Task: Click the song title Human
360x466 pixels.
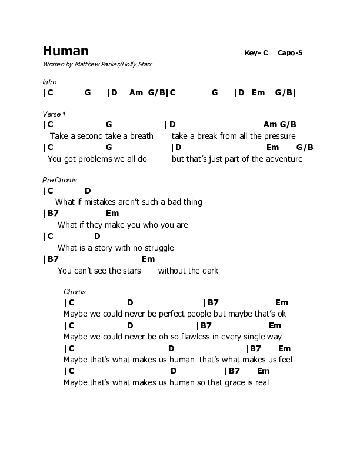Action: pos(66,51)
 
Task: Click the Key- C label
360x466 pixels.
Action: pos(256,53)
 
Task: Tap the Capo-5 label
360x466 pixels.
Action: pos(291,53)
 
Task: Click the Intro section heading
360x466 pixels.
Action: pos(49,82)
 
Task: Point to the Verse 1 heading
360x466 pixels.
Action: pos(54,113)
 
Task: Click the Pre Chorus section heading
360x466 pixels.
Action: pos(60,179)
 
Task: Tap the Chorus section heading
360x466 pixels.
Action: pos(75,292)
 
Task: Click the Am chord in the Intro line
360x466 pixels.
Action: pos(136,92)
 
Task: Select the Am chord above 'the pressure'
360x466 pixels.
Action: pos(269,124)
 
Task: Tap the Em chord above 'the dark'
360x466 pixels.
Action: pos(148,259)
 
